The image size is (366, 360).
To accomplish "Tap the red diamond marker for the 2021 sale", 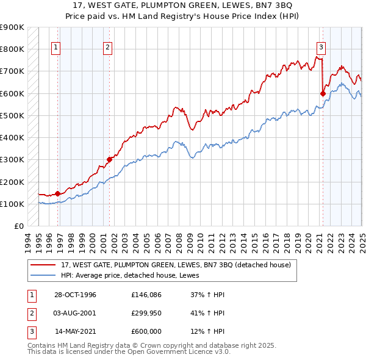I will [x=323, y=93].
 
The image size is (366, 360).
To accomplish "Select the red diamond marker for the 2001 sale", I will [x=109, y=160].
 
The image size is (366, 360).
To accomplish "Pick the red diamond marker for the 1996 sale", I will [x=58, y=193].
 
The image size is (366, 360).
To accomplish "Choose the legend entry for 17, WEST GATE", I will [x=177, y=265].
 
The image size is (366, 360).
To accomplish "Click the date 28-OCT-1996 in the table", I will [x=76, y=295].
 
